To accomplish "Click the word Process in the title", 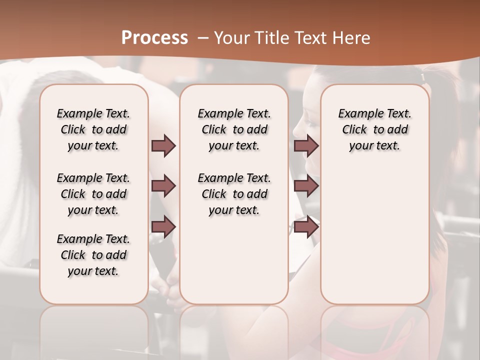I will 154,37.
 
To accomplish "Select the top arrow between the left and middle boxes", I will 163,145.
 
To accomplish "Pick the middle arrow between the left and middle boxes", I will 163,186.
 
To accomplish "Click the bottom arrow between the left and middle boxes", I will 163,227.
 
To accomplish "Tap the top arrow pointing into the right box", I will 306,145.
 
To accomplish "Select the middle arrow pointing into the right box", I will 306,186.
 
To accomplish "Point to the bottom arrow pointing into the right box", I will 306,227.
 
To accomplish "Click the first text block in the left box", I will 93,129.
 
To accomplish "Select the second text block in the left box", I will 93,194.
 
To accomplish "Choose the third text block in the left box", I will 93,255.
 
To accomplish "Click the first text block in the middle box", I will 234,129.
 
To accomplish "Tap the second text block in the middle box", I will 234,194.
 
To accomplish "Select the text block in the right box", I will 374,129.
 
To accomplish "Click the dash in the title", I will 202,38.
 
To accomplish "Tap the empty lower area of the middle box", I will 234,260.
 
